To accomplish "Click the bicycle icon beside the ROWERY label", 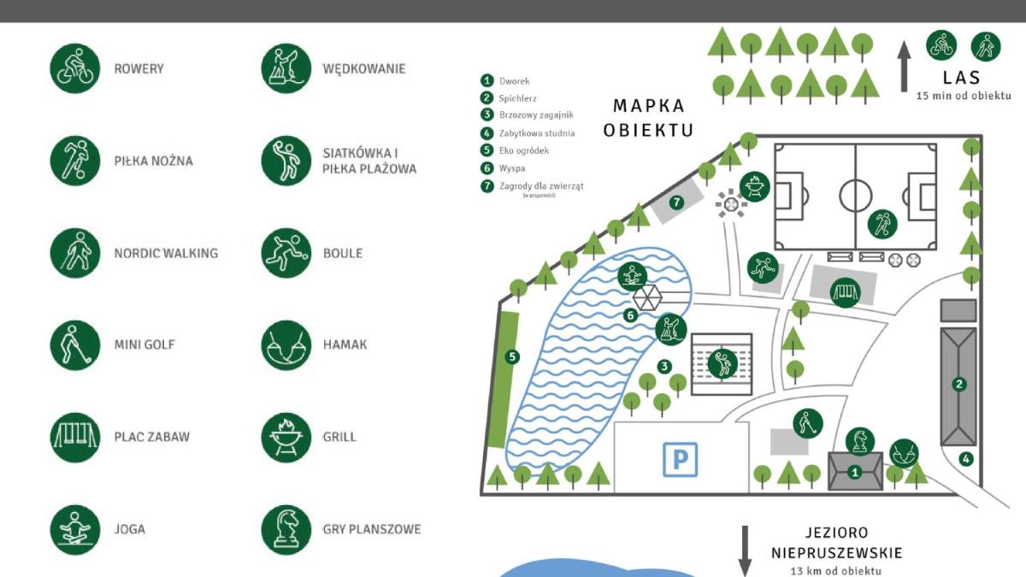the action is (74, 68).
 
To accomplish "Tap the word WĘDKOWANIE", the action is (364, 68).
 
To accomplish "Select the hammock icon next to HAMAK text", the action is (286, 344).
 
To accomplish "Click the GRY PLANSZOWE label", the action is (371, 529).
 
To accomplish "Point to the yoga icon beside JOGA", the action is (74, 530).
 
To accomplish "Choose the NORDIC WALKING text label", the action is (166, 253).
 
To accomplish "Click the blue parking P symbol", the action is (681, 459).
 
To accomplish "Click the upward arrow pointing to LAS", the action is (904, 67).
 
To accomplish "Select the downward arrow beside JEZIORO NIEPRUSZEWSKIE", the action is (745, 551).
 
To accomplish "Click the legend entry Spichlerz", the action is (517, 98).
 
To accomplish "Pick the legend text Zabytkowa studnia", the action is (537, 133).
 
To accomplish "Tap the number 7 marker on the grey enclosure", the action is (676, 202).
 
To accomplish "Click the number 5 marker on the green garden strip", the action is (512, 356).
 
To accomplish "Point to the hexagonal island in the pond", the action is (647, 297).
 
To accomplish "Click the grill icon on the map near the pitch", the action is (754, 186).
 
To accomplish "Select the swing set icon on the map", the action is (845, 292).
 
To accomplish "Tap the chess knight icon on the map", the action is (860, 441).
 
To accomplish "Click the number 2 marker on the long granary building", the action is (958, 384).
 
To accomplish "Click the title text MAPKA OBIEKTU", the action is (648, 118).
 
